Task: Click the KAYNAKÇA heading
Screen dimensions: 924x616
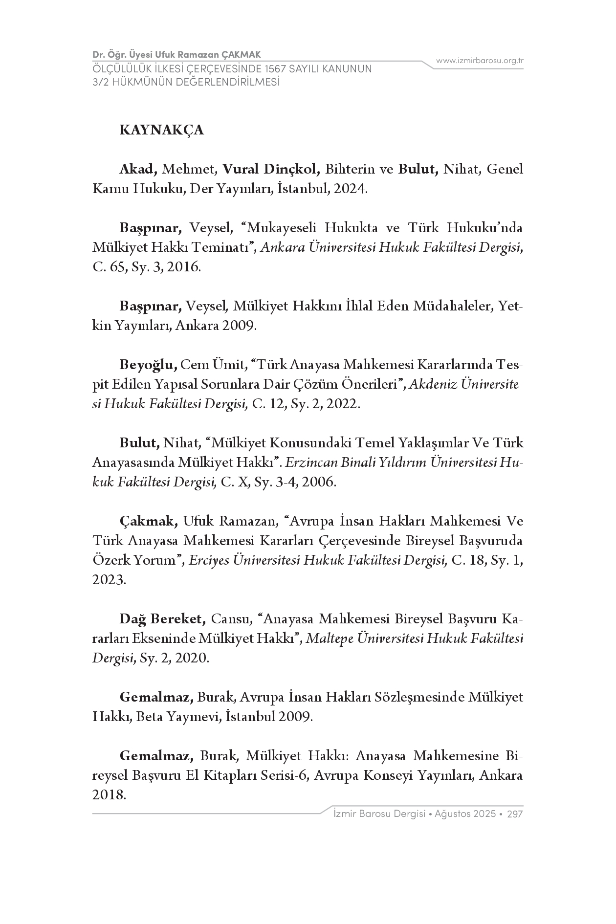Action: [x=161, y=131]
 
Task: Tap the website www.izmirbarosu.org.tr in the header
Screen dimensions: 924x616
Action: [x=480, y=61]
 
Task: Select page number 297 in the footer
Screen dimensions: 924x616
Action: [x=515, y=814]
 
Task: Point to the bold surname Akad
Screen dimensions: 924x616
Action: [x=138, y=169]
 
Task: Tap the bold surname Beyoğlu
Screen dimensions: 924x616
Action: [x=148, y=365]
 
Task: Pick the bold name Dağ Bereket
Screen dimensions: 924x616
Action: [x=162, y=619]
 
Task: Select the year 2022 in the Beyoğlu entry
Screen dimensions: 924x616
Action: [x=342, y=404]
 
